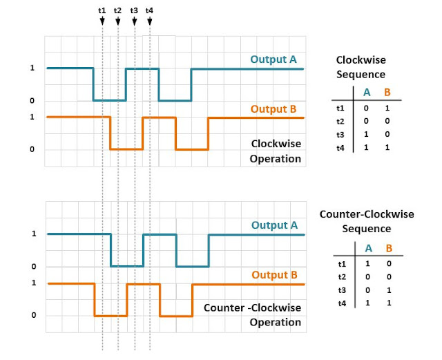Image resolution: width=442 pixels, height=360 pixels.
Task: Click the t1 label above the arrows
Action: point(102,11)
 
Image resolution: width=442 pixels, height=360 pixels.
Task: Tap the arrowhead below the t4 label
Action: point(150,21)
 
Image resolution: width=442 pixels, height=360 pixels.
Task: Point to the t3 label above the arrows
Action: point(134,11)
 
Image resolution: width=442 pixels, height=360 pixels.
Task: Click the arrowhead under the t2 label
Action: point(118,21)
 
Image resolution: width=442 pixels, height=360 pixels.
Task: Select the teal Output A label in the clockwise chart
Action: point(273,59)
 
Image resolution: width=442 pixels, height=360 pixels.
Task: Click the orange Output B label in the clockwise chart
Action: point(273,109)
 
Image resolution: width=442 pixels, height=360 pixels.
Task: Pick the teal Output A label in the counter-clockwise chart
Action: point(275,225)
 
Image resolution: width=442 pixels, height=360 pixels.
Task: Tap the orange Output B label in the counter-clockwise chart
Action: point(275,275)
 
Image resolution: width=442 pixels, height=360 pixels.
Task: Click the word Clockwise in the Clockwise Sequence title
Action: point(361,60)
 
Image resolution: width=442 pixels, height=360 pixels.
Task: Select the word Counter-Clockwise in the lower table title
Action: point(367,214)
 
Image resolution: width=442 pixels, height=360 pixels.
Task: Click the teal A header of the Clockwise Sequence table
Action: point(367,93)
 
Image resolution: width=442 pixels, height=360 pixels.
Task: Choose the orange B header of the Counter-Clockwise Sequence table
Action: point(389,248)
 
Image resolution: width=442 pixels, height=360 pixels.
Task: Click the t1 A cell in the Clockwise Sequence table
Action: point(366,108)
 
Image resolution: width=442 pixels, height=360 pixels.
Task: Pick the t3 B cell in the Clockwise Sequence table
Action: point(387,134)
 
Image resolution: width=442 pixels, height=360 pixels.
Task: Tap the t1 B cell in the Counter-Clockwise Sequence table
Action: point(389,264)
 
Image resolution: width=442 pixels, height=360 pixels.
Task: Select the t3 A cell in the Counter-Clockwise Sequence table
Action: point(367,290)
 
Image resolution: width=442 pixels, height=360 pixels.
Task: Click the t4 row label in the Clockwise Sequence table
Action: point(340,148)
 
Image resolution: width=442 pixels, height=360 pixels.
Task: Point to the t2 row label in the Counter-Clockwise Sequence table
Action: point(342,277)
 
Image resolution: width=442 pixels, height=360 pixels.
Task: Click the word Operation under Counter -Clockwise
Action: point(276,322)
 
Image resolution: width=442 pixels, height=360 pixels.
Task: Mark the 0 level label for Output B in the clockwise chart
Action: point(32,149)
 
